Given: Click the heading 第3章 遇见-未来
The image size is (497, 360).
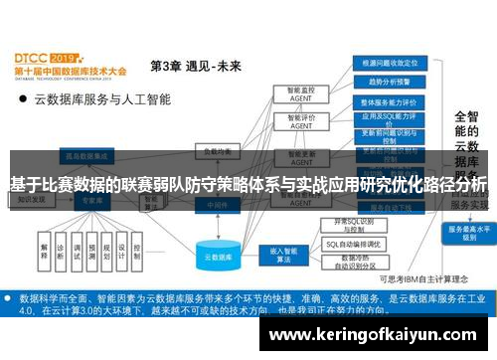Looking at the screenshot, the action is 195,66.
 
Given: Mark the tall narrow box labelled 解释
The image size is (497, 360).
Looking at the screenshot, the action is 45,248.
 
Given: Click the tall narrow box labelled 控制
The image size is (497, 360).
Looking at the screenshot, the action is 137,248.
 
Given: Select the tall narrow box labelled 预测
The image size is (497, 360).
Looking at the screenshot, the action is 90,248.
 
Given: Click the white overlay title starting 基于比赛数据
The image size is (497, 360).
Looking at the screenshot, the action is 248,184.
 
